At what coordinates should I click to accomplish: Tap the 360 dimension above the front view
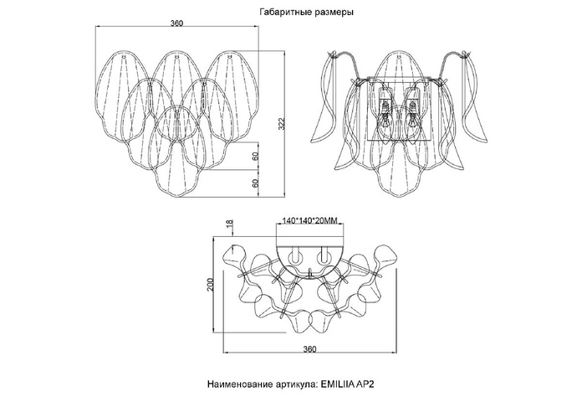coord(176,23)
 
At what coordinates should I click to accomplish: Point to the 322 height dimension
coord(281,124)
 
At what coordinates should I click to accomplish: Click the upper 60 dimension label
coord(255,156)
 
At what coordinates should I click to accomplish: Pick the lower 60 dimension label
coord(255,183)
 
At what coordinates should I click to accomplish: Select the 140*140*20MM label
coord(310,221)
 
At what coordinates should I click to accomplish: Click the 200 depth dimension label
coord(210,285)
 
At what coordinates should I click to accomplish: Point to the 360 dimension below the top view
coord(309,349)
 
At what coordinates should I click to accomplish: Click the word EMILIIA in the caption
coord(337,384)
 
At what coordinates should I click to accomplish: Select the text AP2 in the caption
coord(365,384)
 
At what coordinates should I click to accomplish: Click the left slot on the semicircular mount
coord(296,255)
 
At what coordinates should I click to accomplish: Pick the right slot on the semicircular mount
coord(324,255)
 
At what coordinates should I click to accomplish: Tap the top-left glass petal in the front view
coord(124,95)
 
